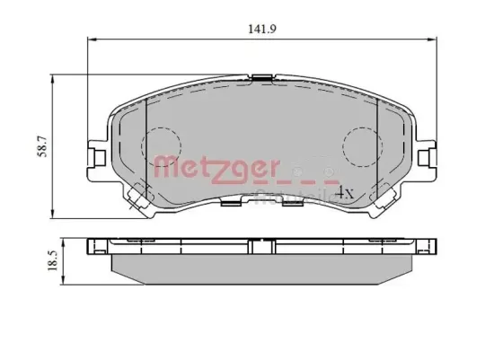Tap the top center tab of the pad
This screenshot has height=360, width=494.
coord(261,82)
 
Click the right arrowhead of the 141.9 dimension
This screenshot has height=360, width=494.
coord(432,40)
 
